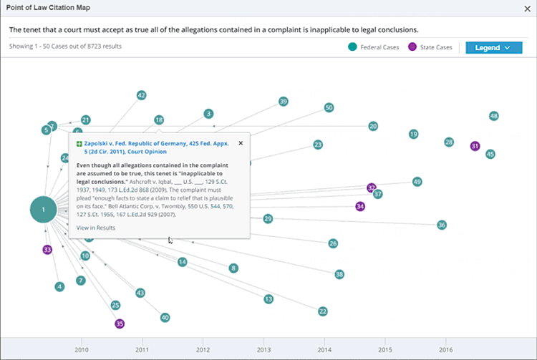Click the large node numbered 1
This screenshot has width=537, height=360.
tap(44, 210)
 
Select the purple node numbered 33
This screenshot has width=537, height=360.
tap(47, 250)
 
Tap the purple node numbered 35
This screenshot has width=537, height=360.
tap(120, 323)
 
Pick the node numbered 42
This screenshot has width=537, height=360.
tap(141, 95)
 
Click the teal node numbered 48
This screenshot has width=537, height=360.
tap(493, 116)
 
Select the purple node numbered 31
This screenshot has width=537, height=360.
tap(475, 146)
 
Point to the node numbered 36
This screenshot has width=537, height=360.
tap(442, 225)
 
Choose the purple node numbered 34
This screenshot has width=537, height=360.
tap(360, 206)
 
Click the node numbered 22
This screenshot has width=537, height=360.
tap(323, 311)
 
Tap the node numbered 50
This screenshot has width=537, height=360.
tap(329, 107)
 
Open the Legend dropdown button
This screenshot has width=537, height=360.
tap(494, 47)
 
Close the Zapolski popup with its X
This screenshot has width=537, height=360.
tap(241, 143)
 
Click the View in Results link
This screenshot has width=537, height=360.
tap(95, 228)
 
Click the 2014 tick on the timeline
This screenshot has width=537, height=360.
tap(324, 350)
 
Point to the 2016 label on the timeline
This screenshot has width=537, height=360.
tap(445, 350)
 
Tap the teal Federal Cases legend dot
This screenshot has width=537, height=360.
tap(352, 47)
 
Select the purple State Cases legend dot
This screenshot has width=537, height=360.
tap(412, 47)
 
